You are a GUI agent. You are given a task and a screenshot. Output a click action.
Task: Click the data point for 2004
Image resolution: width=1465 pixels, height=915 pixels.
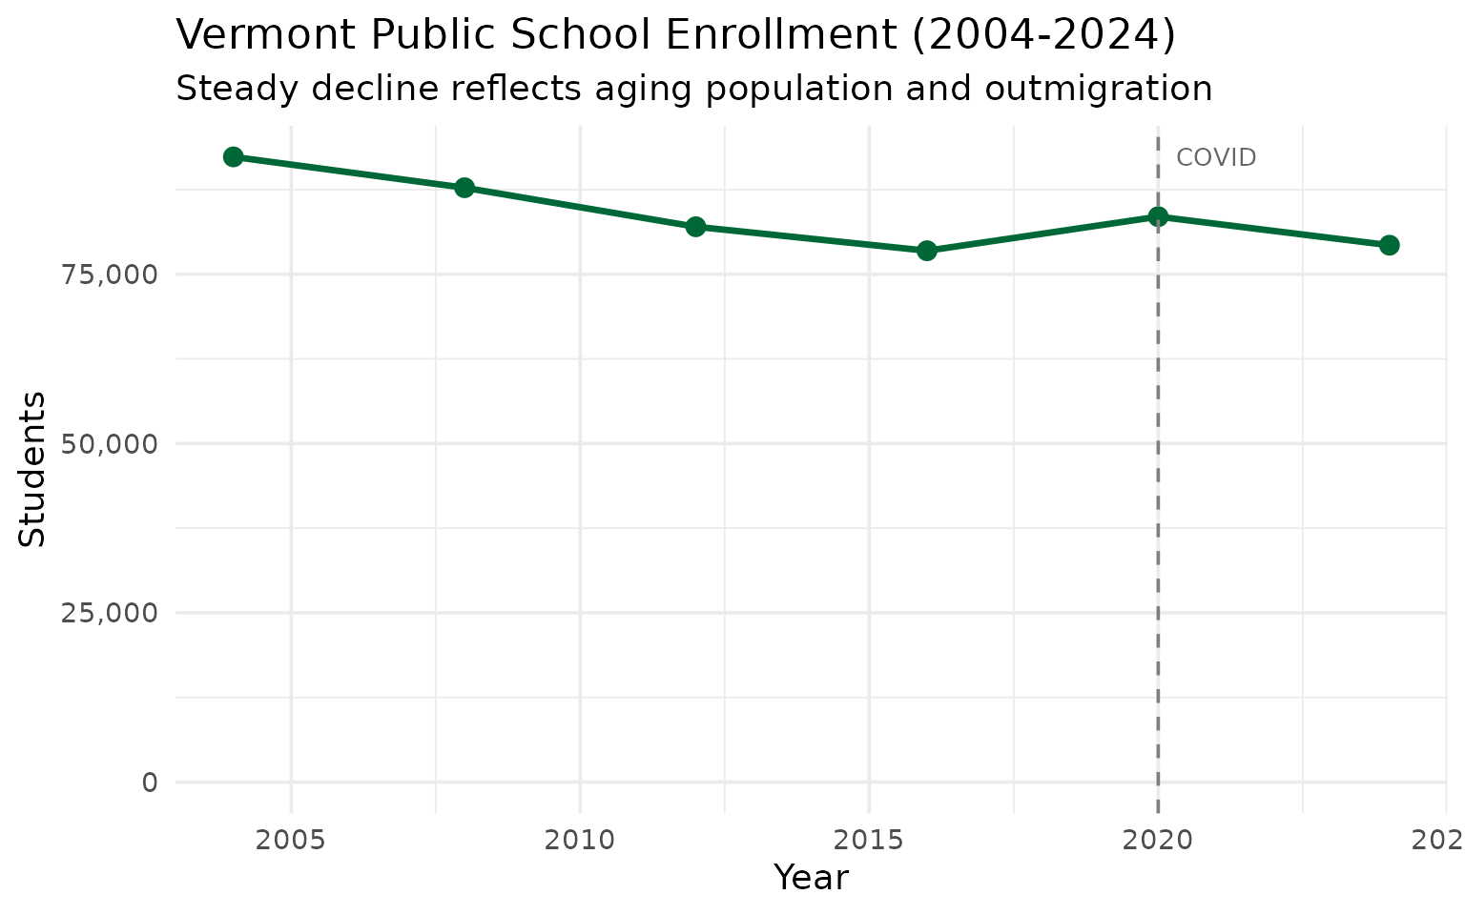click(233, 156)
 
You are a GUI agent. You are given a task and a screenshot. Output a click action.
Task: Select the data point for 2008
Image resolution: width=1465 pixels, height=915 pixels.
click(464, 187)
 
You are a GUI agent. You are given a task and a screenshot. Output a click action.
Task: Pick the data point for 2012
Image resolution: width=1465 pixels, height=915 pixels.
click(695, 226)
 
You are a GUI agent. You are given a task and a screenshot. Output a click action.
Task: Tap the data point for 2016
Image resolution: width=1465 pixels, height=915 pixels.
click(926, 251)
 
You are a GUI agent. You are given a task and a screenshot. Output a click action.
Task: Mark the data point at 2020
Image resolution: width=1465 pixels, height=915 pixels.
click(1158, 216)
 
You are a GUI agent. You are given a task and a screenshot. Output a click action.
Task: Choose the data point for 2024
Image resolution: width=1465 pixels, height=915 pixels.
click(1389, 245)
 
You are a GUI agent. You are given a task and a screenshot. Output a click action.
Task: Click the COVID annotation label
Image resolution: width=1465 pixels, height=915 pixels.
click(1216, 158)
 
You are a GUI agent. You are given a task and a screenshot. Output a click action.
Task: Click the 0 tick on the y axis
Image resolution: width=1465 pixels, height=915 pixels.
click(150, 783)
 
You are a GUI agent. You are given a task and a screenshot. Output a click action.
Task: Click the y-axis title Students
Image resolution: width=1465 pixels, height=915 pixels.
click(33, 469)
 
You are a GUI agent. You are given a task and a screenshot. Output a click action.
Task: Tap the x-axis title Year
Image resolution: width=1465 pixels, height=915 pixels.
click(811, 878)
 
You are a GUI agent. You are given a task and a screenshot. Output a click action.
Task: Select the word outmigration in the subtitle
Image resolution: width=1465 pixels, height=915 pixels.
click(1099, 89)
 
